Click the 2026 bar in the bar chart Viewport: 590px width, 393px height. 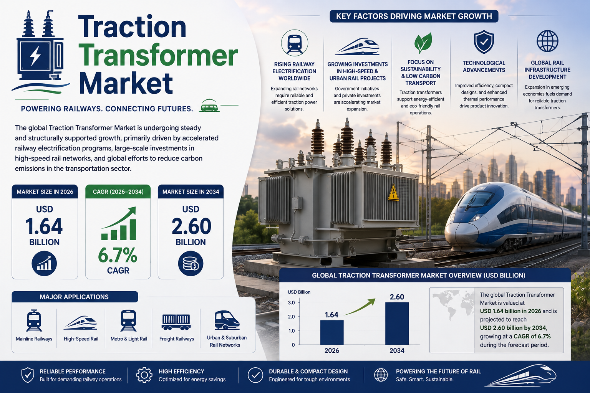coord(332,332)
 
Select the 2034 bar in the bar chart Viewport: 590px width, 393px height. coord(397,323)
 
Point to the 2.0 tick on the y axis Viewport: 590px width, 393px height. coord(291,317)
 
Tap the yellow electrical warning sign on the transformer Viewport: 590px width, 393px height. coord(393,192)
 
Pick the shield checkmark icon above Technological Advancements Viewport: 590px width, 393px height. coord(484,42)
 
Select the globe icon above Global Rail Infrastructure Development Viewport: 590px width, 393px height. coord(547,41)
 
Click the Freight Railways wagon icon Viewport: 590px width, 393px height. coord(176,322)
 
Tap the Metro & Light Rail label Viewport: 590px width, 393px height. coord(129,339)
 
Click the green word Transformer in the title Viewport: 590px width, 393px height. coord(158,55)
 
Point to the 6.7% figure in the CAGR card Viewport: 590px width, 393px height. coord(118,255)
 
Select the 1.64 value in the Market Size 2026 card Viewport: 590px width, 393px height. coord(44,226)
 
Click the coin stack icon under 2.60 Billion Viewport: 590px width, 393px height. coord(191,264)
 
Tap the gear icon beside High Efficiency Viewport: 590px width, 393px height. coord(144,375)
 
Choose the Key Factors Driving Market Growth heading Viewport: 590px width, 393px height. coord(414,17)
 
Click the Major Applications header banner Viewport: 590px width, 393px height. coord(75,297)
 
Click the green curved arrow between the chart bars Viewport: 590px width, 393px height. coord(360,307)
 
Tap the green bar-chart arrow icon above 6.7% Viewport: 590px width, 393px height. coord(119,223)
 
